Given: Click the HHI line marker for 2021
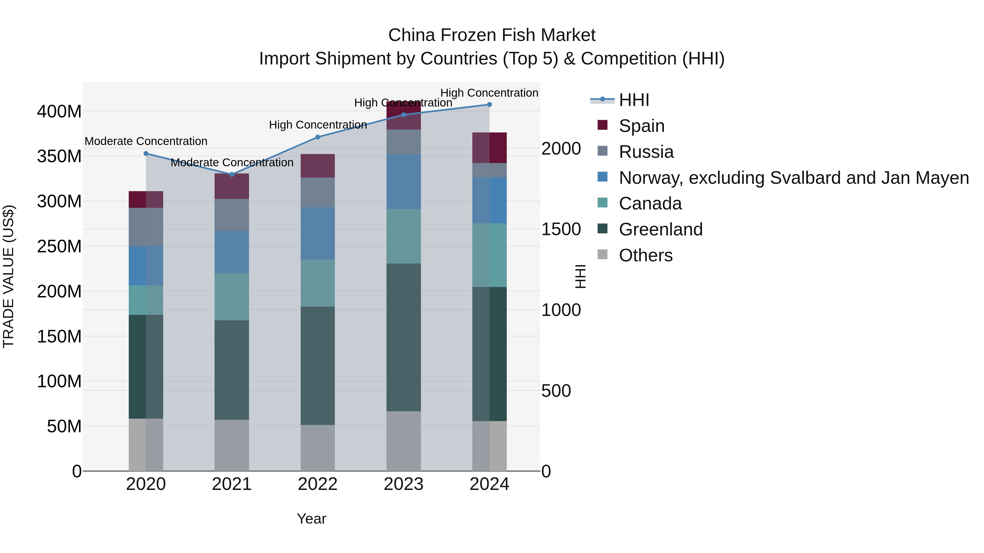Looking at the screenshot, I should pos(232,175).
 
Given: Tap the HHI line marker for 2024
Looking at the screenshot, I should pos(489,105).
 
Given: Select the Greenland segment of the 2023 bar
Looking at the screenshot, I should pos(403,337).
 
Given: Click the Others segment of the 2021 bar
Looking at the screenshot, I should pos(232,445).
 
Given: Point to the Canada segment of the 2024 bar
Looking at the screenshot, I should pos(489,255).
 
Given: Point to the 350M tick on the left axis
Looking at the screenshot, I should pos(59,156).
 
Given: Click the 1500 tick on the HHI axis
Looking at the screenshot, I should pos(561,229).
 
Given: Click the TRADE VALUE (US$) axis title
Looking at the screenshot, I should pos(8,276).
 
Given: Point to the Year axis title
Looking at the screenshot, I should pos(311,519).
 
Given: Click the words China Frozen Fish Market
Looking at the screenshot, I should pos(492,35).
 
